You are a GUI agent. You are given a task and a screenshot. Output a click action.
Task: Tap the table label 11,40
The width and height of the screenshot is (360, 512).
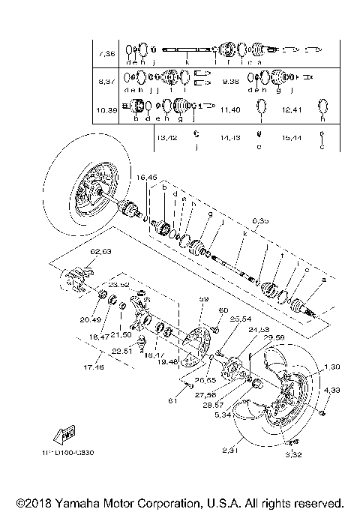point(230,109)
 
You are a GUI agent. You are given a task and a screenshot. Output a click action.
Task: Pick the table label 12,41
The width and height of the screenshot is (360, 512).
point(292,109)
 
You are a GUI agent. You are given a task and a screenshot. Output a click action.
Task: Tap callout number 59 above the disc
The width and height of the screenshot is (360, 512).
point(202,300)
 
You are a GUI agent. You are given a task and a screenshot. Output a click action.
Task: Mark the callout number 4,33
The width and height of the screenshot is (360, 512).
point(331,391)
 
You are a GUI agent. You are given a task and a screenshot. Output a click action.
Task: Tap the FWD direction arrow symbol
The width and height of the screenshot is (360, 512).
point(65,434)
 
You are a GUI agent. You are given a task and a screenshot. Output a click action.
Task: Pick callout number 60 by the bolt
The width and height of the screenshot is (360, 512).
point(223,310)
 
